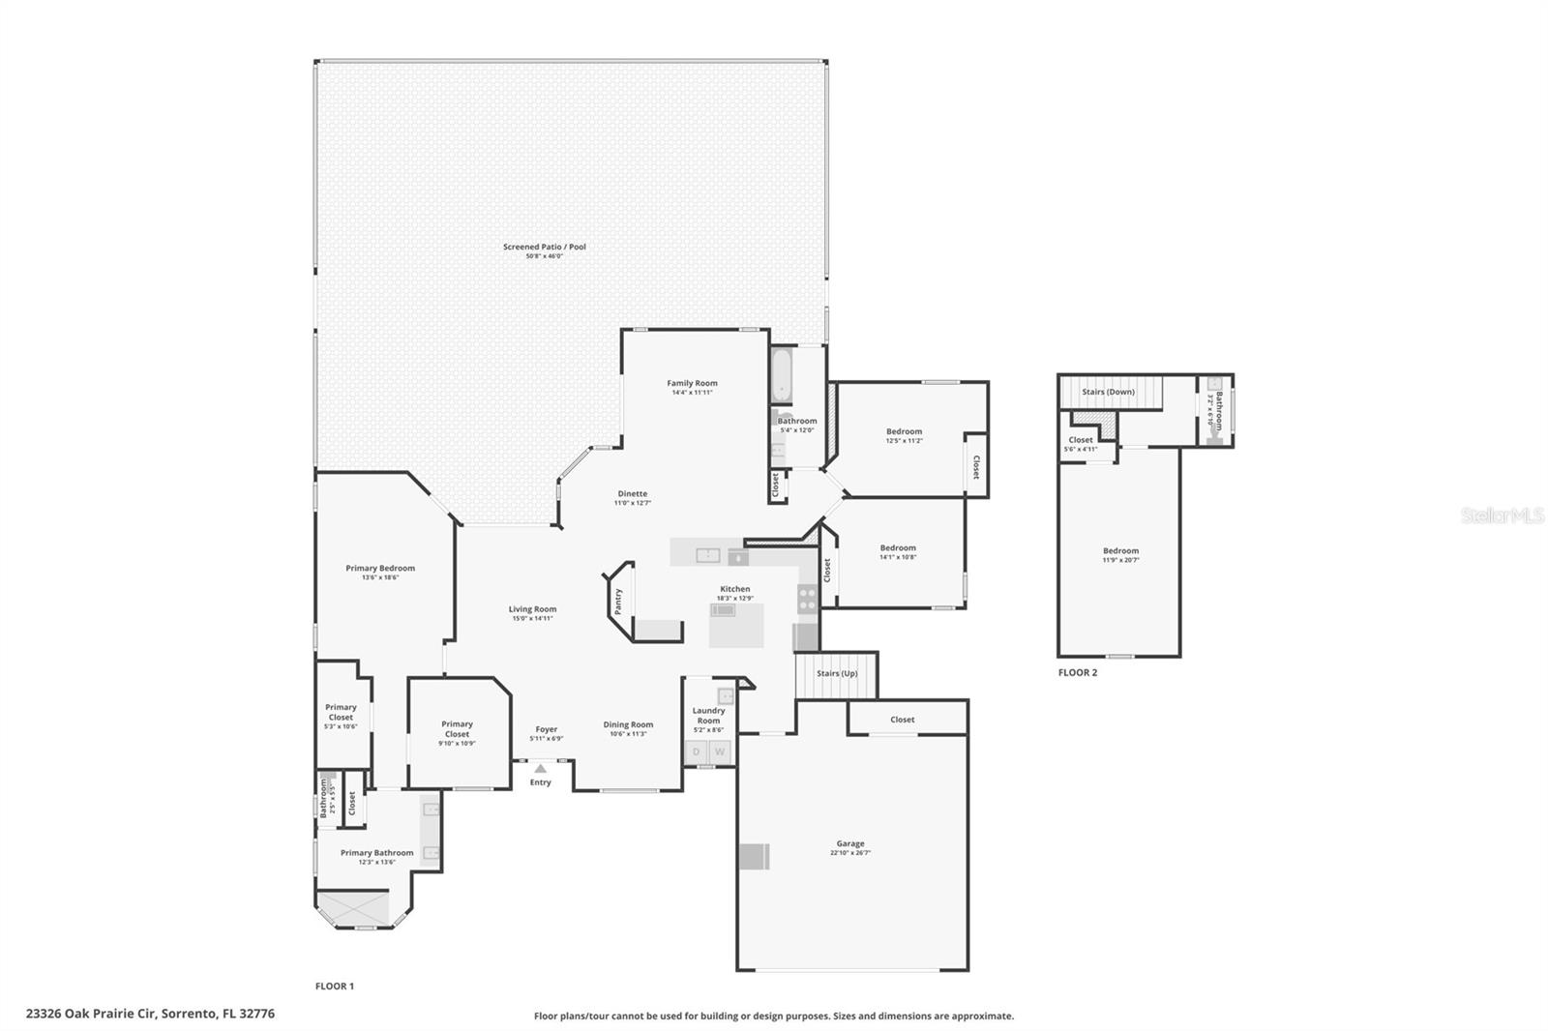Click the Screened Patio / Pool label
[544, 247]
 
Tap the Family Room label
[692, 383]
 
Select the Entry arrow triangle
[540, 769]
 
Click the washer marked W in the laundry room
[720, 751]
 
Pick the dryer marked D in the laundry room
[696, 751]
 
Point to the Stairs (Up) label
[837, 673]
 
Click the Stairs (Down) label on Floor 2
[1108, 392]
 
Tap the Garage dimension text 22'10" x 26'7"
[850, 853]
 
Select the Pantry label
[618, 601]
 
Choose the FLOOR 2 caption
[1078, 672]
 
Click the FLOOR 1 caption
[335, 986]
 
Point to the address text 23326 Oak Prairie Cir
[150, 1014]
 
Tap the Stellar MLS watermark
[1502, 516]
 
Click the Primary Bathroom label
[376, 852]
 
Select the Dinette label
[633, 493]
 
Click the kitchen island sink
[723, 610]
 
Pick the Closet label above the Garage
[902, 720]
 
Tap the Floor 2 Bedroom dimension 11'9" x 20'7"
[1120, 560]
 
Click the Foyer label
[546, 729]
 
